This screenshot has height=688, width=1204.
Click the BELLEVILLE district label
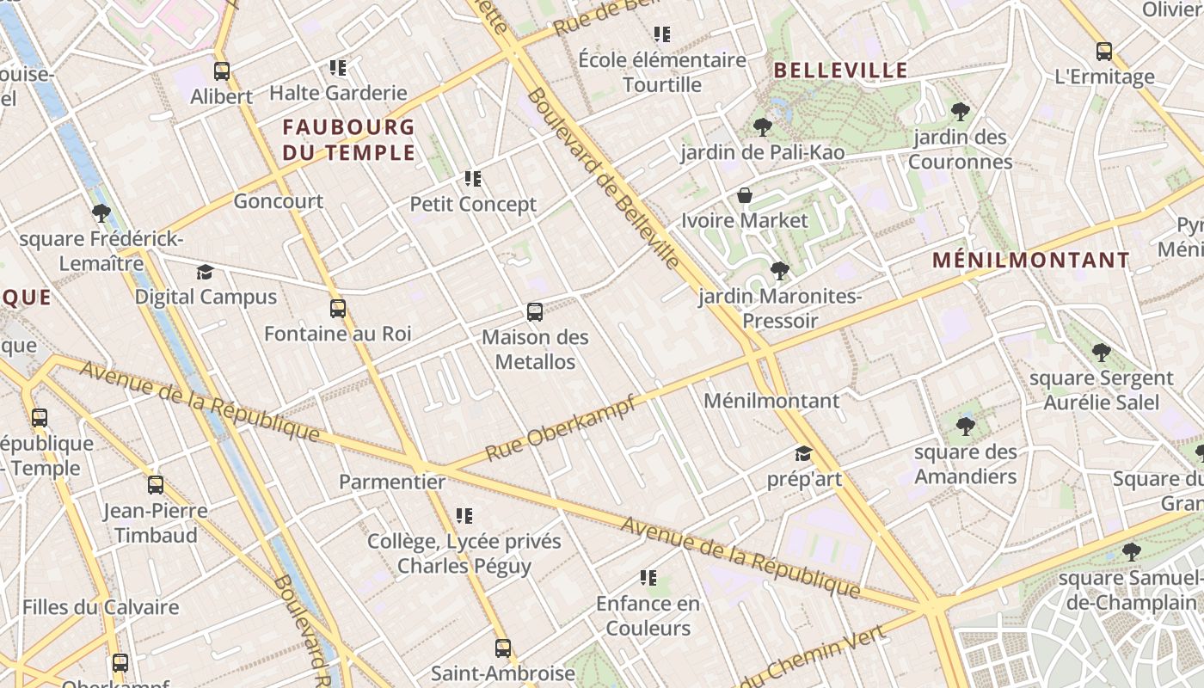840,71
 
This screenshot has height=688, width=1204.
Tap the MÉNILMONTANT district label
1031,260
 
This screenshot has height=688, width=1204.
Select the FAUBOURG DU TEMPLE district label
348,140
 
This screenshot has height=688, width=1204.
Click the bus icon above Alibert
222,71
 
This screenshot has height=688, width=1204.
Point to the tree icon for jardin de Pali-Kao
762,128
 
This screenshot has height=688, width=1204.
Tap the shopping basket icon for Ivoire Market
745,195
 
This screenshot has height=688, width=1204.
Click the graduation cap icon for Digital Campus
205,273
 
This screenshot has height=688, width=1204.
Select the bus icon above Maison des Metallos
535,312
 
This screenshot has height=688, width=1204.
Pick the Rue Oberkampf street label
560,428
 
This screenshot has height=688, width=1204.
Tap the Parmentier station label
392,482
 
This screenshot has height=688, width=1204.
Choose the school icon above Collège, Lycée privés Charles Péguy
464,516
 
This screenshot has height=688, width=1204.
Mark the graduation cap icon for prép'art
803,453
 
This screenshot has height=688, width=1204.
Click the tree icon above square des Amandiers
966,427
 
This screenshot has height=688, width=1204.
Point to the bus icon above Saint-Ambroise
503,648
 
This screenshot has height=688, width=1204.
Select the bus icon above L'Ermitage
1104,52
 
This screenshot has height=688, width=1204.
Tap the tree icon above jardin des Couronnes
961,112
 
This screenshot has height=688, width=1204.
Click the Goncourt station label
279,201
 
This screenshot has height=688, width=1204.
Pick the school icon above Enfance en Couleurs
648,578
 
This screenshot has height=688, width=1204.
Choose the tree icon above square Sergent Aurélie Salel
1101,353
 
